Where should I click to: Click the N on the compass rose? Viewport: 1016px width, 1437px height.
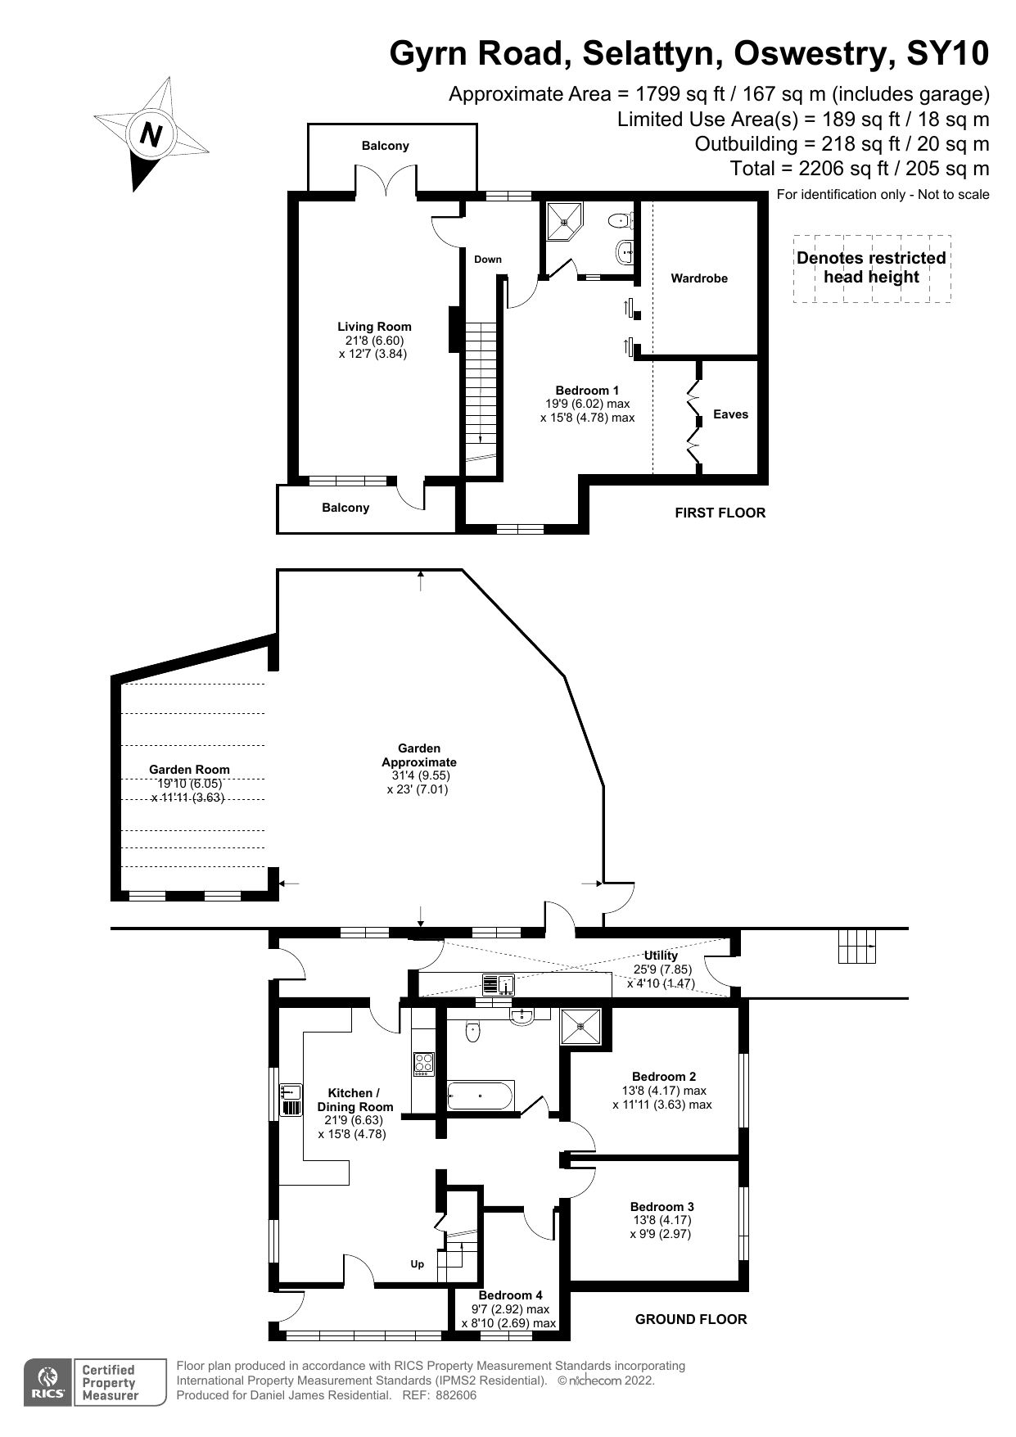point(151,133)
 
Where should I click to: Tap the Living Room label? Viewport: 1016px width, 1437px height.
point(374,327)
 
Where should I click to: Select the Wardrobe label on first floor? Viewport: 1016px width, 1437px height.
point(698,278)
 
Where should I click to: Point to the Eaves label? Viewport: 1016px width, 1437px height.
point(730,414)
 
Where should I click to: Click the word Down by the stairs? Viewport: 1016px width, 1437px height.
point(488,260)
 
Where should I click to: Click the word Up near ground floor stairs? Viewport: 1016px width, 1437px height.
point(418,1264)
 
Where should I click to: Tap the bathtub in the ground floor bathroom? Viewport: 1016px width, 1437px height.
point(481,1095)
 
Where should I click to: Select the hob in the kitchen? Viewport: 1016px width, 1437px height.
point(424,1064)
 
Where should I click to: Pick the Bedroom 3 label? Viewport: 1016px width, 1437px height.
point(662,1207)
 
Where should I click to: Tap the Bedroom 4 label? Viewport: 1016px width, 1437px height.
point(510,1295)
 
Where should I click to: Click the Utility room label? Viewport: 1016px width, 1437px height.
point(661,956)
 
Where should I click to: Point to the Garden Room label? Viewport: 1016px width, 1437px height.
point(189,770)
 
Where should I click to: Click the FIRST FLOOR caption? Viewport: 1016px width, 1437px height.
point(720,513)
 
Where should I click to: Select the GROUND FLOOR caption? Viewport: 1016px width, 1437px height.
point(691,1319)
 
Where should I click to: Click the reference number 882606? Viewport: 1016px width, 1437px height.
point(456,1396)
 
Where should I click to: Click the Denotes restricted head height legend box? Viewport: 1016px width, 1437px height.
point(871,268)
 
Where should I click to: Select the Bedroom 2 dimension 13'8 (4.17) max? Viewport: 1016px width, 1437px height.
point(663,1091)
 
